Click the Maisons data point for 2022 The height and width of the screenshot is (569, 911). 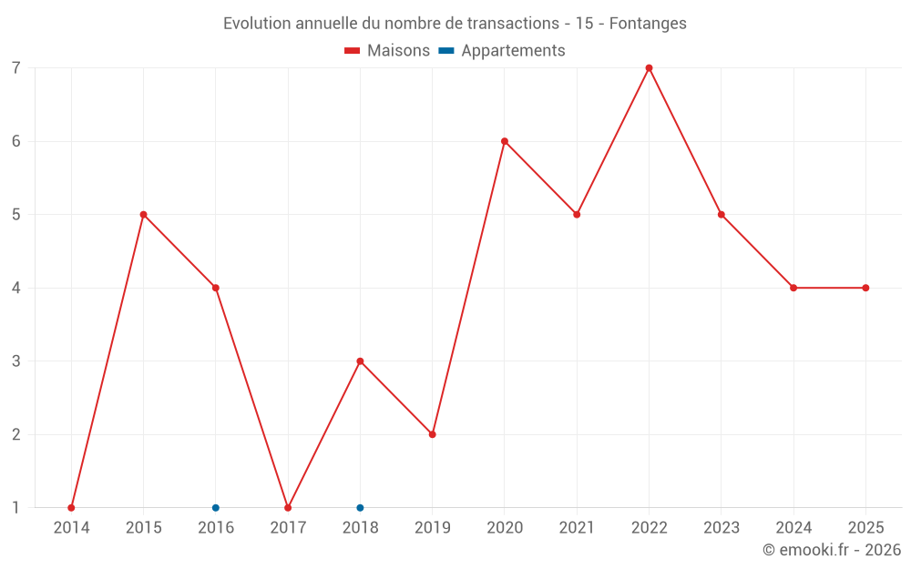click(649, 68)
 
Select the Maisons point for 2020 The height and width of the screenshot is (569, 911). click(504, 141)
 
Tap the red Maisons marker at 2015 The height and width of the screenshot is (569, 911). click(143, 215)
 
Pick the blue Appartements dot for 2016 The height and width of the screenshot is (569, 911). click(215, 507)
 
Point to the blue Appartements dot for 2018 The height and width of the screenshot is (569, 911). click(360, 507)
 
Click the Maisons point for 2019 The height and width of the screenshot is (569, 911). click(432, 434)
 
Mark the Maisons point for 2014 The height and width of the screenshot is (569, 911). click(71, 507)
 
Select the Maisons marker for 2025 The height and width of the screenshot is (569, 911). click(865, 288)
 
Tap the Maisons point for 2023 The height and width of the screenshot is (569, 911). click(721, 215)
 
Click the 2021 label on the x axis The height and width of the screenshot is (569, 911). click(577, 528)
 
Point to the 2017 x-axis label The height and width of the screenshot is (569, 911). click(288, 528)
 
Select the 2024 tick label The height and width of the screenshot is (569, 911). click(793, 528)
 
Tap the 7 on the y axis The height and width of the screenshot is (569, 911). click(16, 68)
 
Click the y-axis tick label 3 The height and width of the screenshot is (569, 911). click(16, 361)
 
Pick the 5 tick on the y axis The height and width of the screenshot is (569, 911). click(16, 215)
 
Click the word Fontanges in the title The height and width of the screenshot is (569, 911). click(648, 24)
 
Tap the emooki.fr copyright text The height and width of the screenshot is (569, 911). click(832, 550)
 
